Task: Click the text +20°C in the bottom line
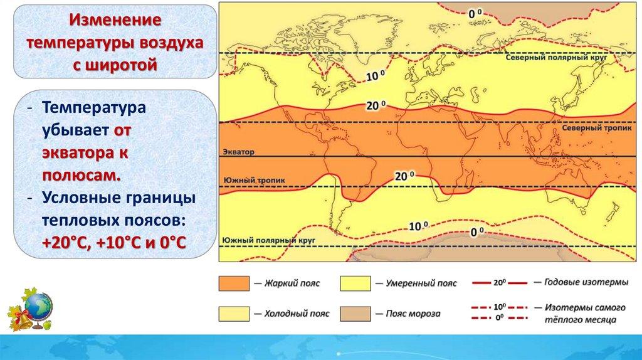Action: [66, 242]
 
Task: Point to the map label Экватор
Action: [238, 152]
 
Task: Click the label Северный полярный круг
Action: [555, 57]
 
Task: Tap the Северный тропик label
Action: [597, 128]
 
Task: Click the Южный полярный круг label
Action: [268, 240]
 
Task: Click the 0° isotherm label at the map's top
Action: [475, 14]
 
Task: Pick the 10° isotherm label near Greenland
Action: [376, 76]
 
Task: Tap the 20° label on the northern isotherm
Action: [376, 105]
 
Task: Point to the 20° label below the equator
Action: [404, 176]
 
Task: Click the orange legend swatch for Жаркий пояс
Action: [234, 283]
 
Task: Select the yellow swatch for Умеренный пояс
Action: [355, 283]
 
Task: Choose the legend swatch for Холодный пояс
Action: [234, 314]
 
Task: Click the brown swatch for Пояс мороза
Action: [355, 314]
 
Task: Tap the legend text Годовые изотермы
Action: [586, 282]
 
